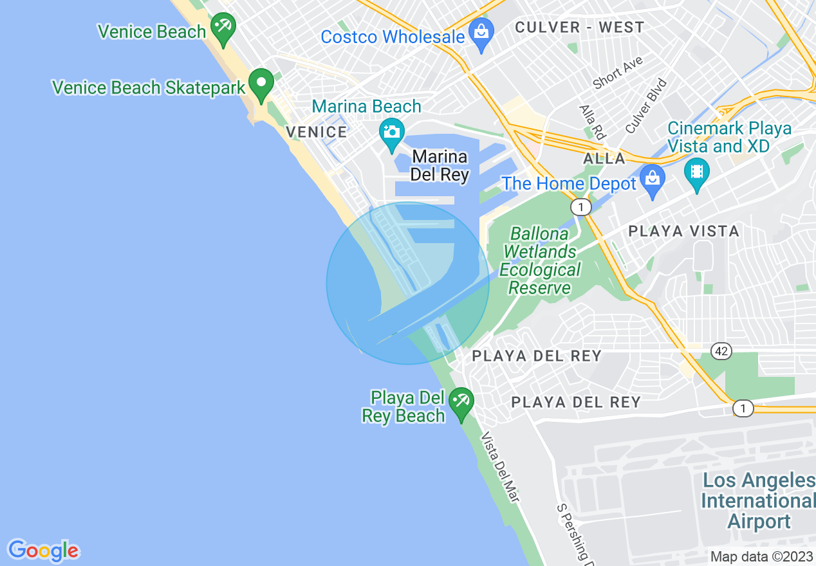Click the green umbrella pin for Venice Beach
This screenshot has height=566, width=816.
pos(223,28)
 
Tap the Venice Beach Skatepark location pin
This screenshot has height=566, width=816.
pos(261,84)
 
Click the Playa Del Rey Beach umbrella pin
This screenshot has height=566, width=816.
pos(461,403)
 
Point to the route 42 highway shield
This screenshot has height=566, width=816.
pos(721,351)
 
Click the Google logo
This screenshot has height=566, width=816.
pos(43,551)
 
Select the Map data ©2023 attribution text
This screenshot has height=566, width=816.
pos(761,556)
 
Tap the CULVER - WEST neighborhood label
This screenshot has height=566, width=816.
pos(579,27)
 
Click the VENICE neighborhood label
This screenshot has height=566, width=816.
pos(317,132)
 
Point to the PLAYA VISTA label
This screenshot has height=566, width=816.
pos(683,231)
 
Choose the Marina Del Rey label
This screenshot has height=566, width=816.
pos(440,165)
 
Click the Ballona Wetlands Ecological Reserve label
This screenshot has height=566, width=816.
pos(540,260)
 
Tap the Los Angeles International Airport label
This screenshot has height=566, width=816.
pos(759,500)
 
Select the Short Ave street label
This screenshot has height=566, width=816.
pos(618,72)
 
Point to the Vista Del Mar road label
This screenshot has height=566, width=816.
pos(501,466)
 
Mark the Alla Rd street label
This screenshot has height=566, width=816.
pos(593,122)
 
